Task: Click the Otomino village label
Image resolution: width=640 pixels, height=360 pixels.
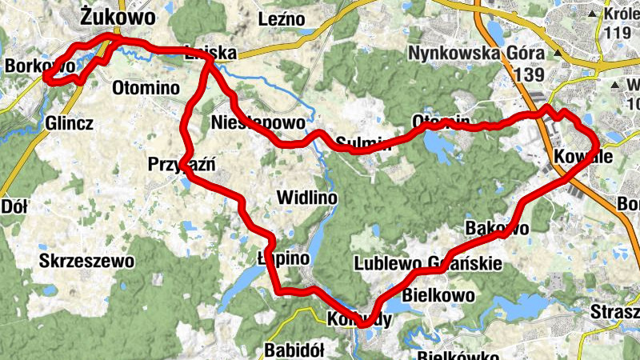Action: pos(146,88)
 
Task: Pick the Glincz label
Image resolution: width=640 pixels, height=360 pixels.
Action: pos(70,124)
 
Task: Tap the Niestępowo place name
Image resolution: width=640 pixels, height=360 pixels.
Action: pos(258,124)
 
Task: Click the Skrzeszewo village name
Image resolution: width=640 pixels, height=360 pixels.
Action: pos(87,261)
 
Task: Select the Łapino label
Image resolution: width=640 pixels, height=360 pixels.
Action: pos(283,258)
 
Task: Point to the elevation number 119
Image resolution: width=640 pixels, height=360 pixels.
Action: pos(618,34)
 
